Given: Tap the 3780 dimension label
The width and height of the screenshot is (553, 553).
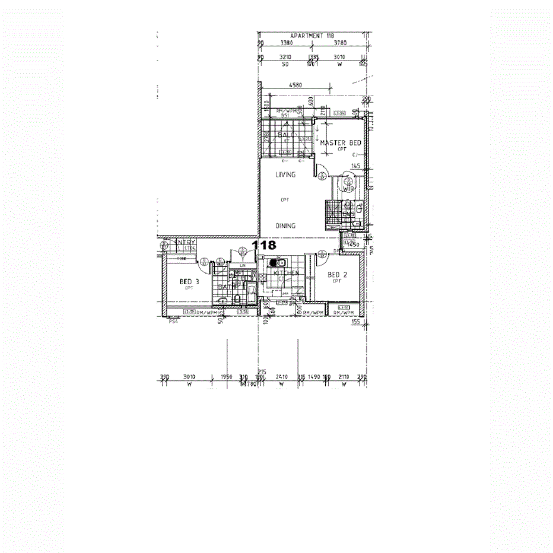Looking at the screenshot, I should [340, 43].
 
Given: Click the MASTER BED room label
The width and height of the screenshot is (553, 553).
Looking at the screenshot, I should [341, 143].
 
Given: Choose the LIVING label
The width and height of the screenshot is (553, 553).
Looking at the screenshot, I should [285, 175].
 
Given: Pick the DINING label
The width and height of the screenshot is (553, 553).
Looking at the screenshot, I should [285, 226].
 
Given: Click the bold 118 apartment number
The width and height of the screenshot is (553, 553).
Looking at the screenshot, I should [264, 244].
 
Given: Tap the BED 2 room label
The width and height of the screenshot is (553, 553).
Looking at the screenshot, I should [338, 275].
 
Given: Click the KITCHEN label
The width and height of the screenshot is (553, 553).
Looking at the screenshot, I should [285, 273].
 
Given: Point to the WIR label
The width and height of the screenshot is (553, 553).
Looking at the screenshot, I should [348, 189].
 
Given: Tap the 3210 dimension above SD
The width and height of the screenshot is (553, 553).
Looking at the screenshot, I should [287, 58].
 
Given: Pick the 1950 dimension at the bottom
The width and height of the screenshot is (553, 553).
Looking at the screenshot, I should [226, 377].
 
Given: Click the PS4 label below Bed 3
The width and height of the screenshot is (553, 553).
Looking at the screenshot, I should [173, 323].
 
